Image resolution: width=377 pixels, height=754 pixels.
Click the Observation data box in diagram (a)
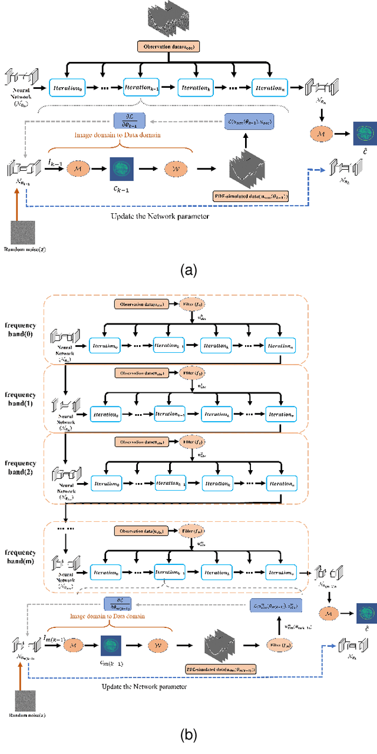pyautogui.click(x=170, y=45)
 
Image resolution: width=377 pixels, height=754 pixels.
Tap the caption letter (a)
pyautogui.click(x=188, y=270)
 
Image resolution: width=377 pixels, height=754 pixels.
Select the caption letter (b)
pyautogui.click(x=188, y=735)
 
